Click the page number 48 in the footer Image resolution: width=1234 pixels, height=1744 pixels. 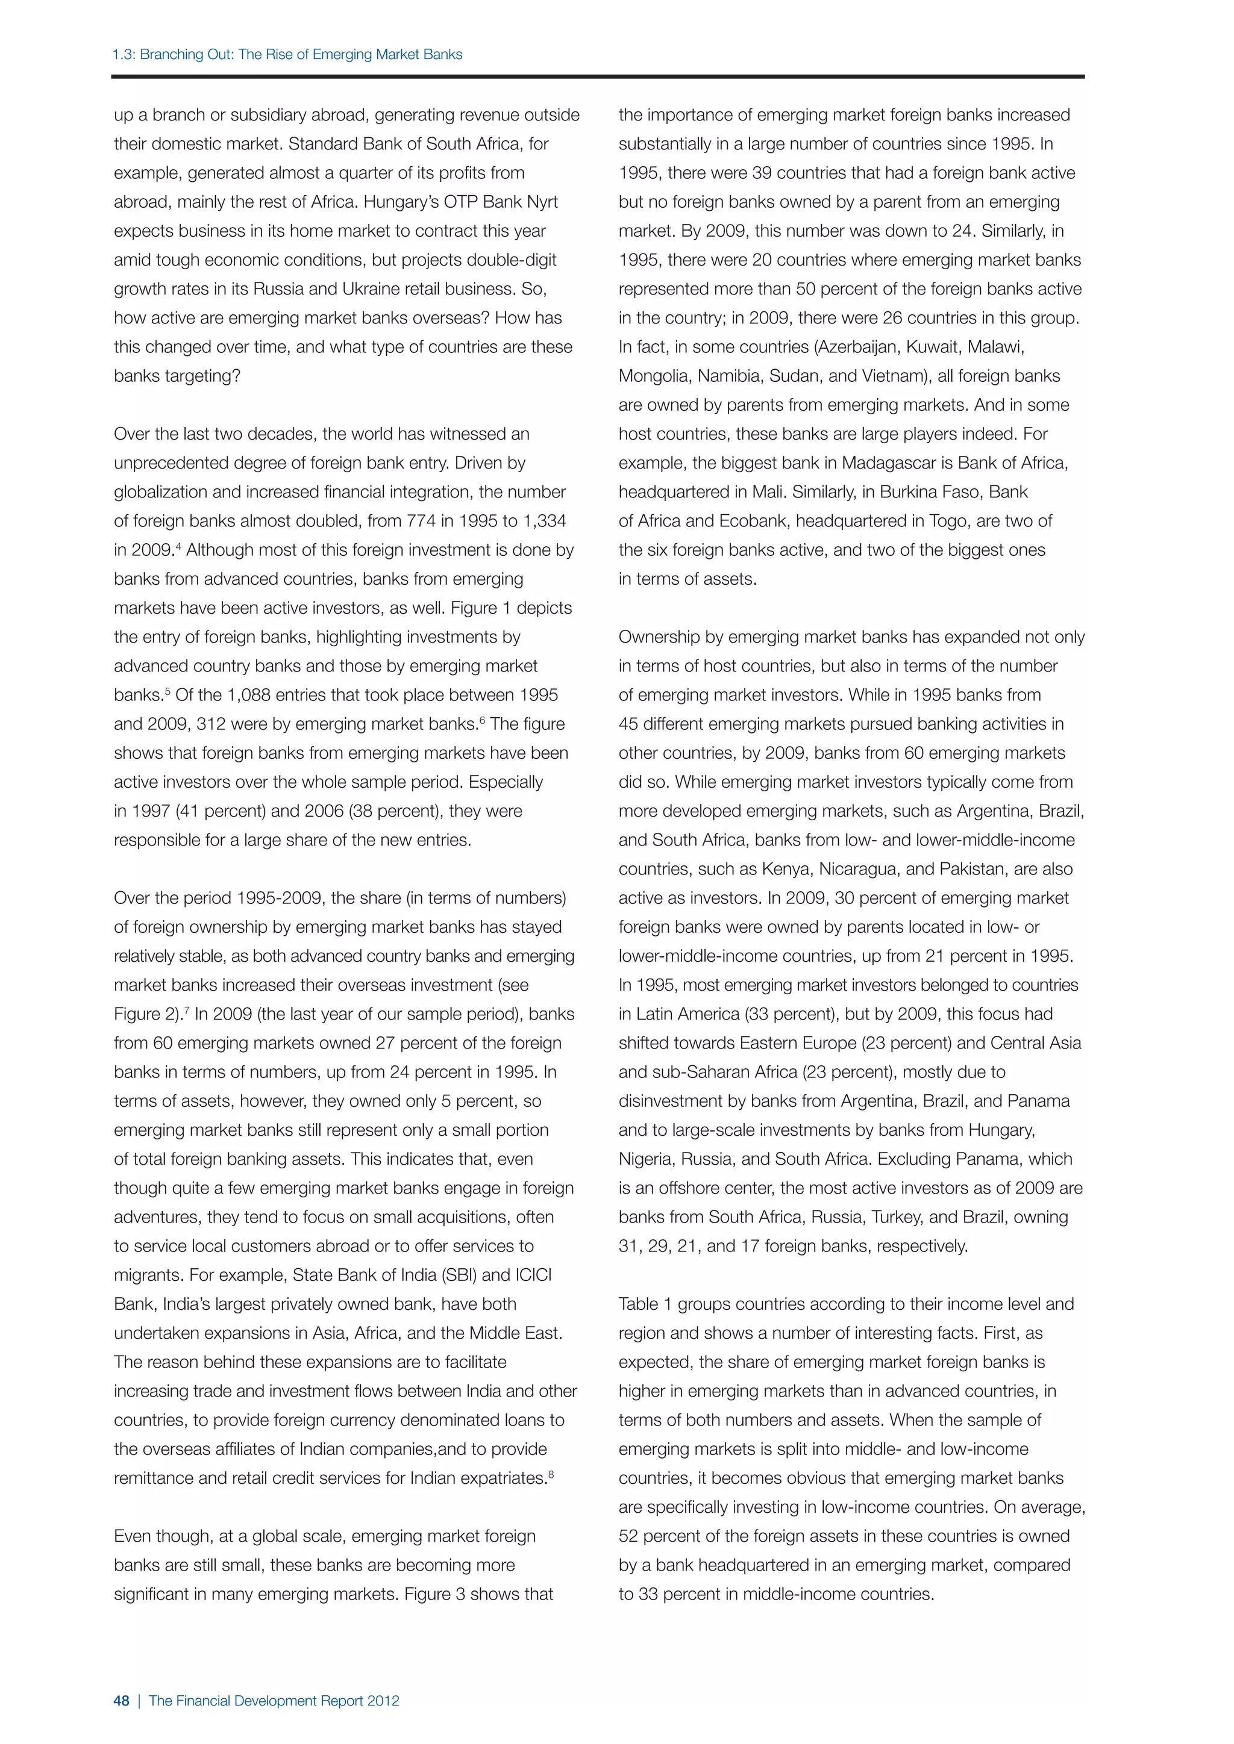[x=122, y=1701]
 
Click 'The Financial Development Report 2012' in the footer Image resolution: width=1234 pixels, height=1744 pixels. [x=274, y=1701]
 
